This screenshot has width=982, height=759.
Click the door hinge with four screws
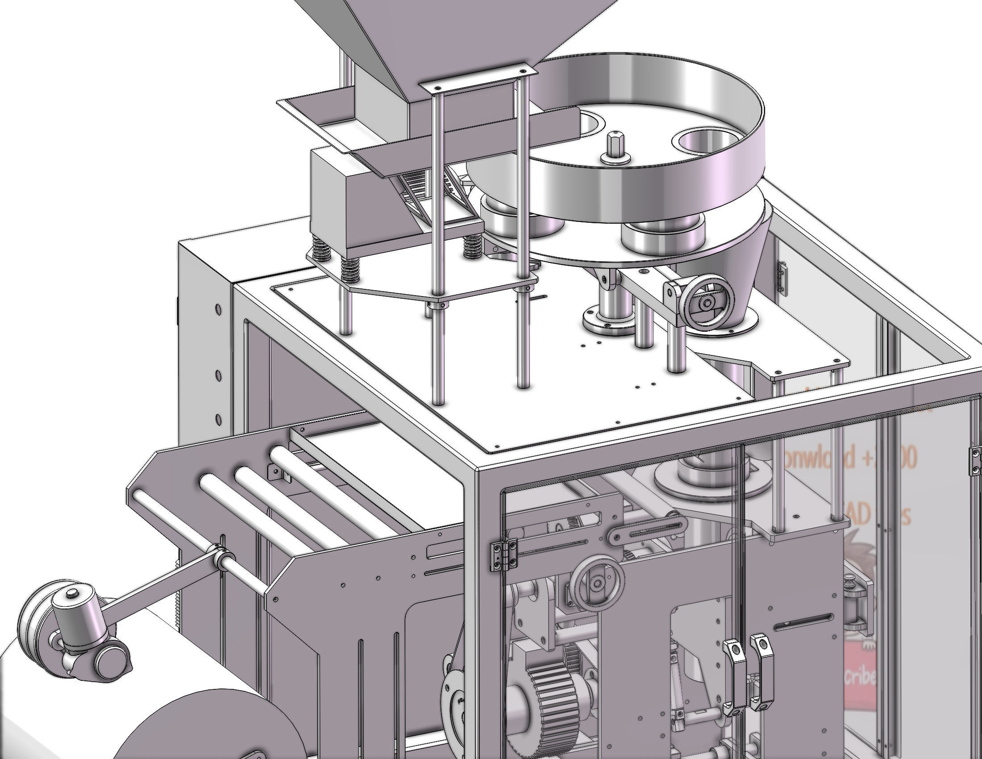pos(503,555)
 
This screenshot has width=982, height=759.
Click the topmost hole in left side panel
pos(218,309)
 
